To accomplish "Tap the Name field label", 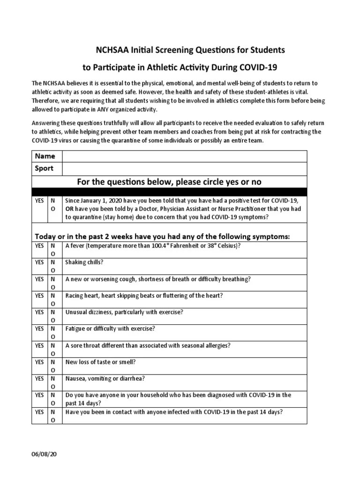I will coord(45,156).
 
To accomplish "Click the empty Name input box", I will coord(184,156).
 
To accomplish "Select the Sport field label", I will coord(44,168).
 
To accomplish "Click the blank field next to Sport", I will coord(184,168).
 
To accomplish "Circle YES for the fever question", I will coord(39,246).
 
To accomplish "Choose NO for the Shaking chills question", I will coord(52,266).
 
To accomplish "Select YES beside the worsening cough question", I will coord(39,279).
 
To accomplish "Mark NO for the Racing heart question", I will coord(52,300).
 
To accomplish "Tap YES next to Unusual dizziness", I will coord(39,312).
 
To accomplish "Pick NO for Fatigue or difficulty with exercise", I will coord(52,333).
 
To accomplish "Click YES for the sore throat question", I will coord(39,345).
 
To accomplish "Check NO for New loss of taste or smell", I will coord(52,366).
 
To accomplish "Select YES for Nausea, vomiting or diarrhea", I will coord(39,379).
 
